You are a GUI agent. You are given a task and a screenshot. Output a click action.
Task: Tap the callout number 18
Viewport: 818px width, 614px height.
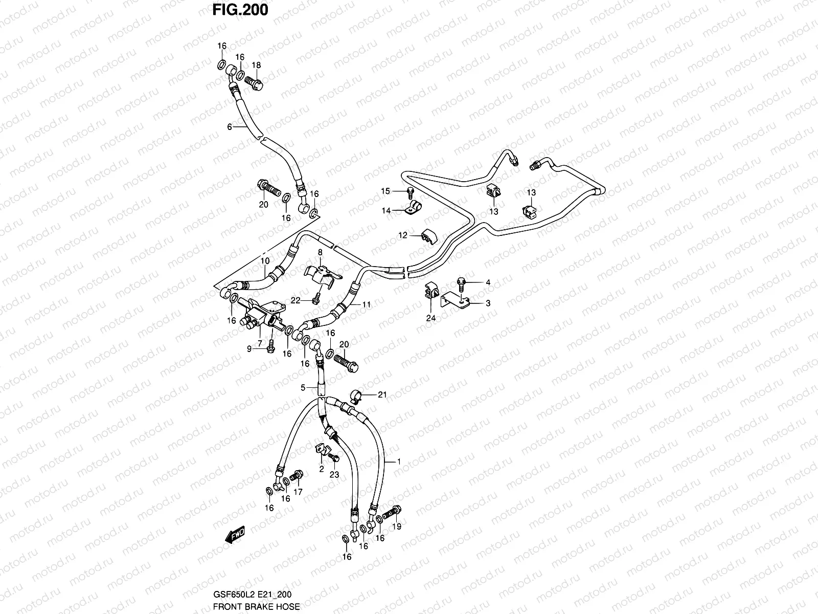coord(256,65)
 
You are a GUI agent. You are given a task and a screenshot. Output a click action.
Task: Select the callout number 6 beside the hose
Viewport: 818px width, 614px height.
coord(230,126)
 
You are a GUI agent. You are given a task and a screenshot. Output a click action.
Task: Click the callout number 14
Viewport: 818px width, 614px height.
coord(385,210)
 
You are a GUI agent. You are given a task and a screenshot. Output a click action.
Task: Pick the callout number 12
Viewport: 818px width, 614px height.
coord(403,235)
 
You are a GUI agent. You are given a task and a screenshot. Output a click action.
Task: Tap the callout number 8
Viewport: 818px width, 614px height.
coord(320,252)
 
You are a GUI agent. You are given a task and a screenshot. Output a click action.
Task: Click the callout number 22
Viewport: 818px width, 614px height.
coord(296,300)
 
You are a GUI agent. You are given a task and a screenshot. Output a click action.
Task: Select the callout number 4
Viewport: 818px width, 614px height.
coord(488,282)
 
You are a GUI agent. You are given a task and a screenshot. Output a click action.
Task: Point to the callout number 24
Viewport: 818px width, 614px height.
coord(431,318)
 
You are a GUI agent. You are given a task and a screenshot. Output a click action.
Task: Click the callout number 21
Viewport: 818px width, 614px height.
coord(382,394)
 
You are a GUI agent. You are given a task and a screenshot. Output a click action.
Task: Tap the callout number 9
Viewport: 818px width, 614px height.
coord(250,349)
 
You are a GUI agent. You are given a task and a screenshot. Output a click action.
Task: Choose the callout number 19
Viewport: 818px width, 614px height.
coord(397,526)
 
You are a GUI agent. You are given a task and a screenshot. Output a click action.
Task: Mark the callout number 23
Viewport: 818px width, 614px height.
coord(334,475)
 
